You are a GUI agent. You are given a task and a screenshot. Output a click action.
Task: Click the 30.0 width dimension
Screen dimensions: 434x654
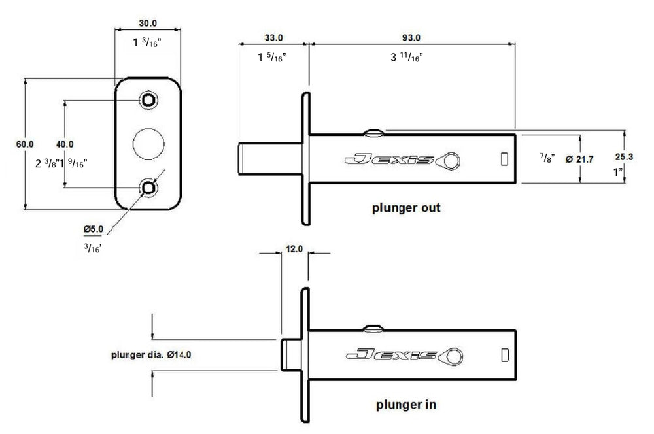point(148,23)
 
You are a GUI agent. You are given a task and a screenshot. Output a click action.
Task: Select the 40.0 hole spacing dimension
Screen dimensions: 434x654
point(65,144)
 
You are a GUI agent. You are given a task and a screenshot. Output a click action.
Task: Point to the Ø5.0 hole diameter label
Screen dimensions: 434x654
point(94,229)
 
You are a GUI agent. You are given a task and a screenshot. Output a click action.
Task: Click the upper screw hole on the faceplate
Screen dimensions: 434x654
point(149,99)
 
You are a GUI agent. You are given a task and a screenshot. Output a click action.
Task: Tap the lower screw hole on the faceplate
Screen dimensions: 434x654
point(149,188)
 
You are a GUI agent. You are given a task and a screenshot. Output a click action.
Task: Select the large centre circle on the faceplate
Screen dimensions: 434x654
point(149,143)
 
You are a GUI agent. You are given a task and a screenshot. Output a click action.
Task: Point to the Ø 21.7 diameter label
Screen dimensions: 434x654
point(578,159)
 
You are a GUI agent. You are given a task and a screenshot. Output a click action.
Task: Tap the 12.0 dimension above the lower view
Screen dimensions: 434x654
point(296,249)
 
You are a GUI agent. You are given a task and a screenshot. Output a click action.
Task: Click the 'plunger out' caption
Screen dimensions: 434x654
point(405,209)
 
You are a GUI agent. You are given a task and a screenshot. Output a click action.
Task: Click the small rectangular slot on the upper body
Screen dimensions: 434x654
point(504,159)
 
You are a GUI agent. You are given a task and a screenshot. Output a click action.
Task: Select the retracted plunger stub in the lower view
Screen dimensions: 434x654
point(291,354)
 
